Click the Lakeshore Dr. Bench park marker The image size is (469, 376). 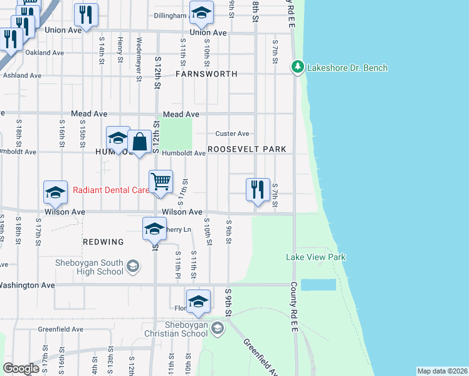[297, 67]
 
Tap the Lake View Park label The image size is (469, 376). [315, 257]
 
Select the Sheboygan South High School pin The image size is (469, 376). [132, 267]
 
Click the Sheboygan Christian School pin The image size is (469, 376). [217, 328]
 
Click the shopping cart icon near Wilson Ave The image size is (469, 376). [161, 182]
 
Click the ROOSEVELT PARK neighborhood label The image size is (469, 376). [246, 149]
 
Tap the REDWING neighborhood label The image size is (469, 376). [100, 241]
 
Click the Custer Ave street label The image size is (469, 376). [232, 133]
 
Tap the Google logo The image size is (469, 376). [21, 368]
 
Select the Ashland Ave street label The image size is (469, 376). [22, 75]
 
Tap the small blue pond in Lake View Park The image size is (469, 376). [318, 285]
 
